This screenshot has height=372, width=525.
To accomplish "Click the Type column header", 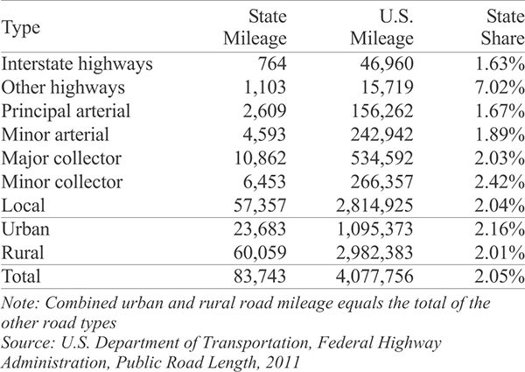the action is pos(21,28).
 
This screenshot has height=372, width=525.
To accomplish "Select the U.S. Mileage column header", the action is pos(381,27).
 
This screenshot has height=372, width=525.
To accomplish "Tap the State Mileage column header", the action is pos(255,27).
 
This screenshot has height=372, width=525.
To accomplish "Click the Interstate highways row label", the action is pos(77,64).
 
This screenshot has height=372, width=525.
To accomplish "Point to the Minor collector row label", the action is pos(62,182).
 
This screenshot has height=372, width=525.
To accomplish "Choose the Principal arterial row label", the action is pos(66,111).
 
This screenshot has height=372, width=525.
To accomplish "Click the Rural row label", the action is pos(23,252).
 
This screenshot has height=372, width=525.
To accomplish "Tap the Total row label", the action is pos(21,277).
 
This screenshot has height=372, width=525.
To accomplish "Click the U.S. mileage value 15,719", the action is pos(388,88).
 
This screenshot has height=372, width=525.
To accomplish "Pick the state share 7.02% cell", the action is pos(500,88).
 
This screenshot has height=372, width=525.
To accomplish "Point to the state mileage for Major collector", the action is pos(260,158).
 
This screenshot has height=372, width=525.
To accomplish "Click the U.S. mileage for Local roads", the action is pos(374,205).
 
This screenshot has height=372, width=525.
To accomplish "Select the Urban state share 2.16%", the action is pos(500,229).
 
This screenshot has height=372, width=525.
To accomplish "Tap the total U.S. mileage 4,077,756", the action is pos(374,277).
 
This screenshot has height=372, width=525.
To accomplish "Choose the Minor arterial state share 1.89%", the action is pos(500,135).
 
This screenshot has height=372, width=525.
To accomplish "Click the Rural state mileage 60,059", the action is pos(260,252).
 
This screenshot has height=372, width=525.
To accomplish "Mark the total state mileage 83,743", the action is pos(260,277).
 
